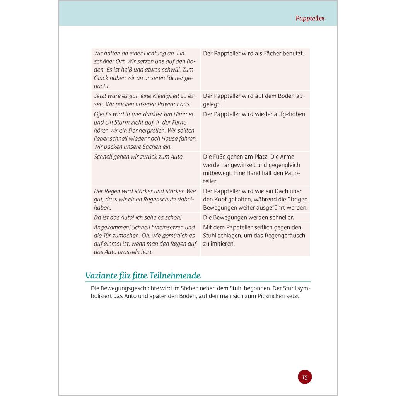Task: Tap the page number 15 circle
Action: pyautogui.click(x=305, y=377)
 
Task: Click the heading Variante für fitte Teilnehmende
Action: pyautogui.click(x=143, y=276)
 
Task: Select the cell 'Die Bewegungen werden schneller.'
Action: pyautogui.click(x=248, y=217)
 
